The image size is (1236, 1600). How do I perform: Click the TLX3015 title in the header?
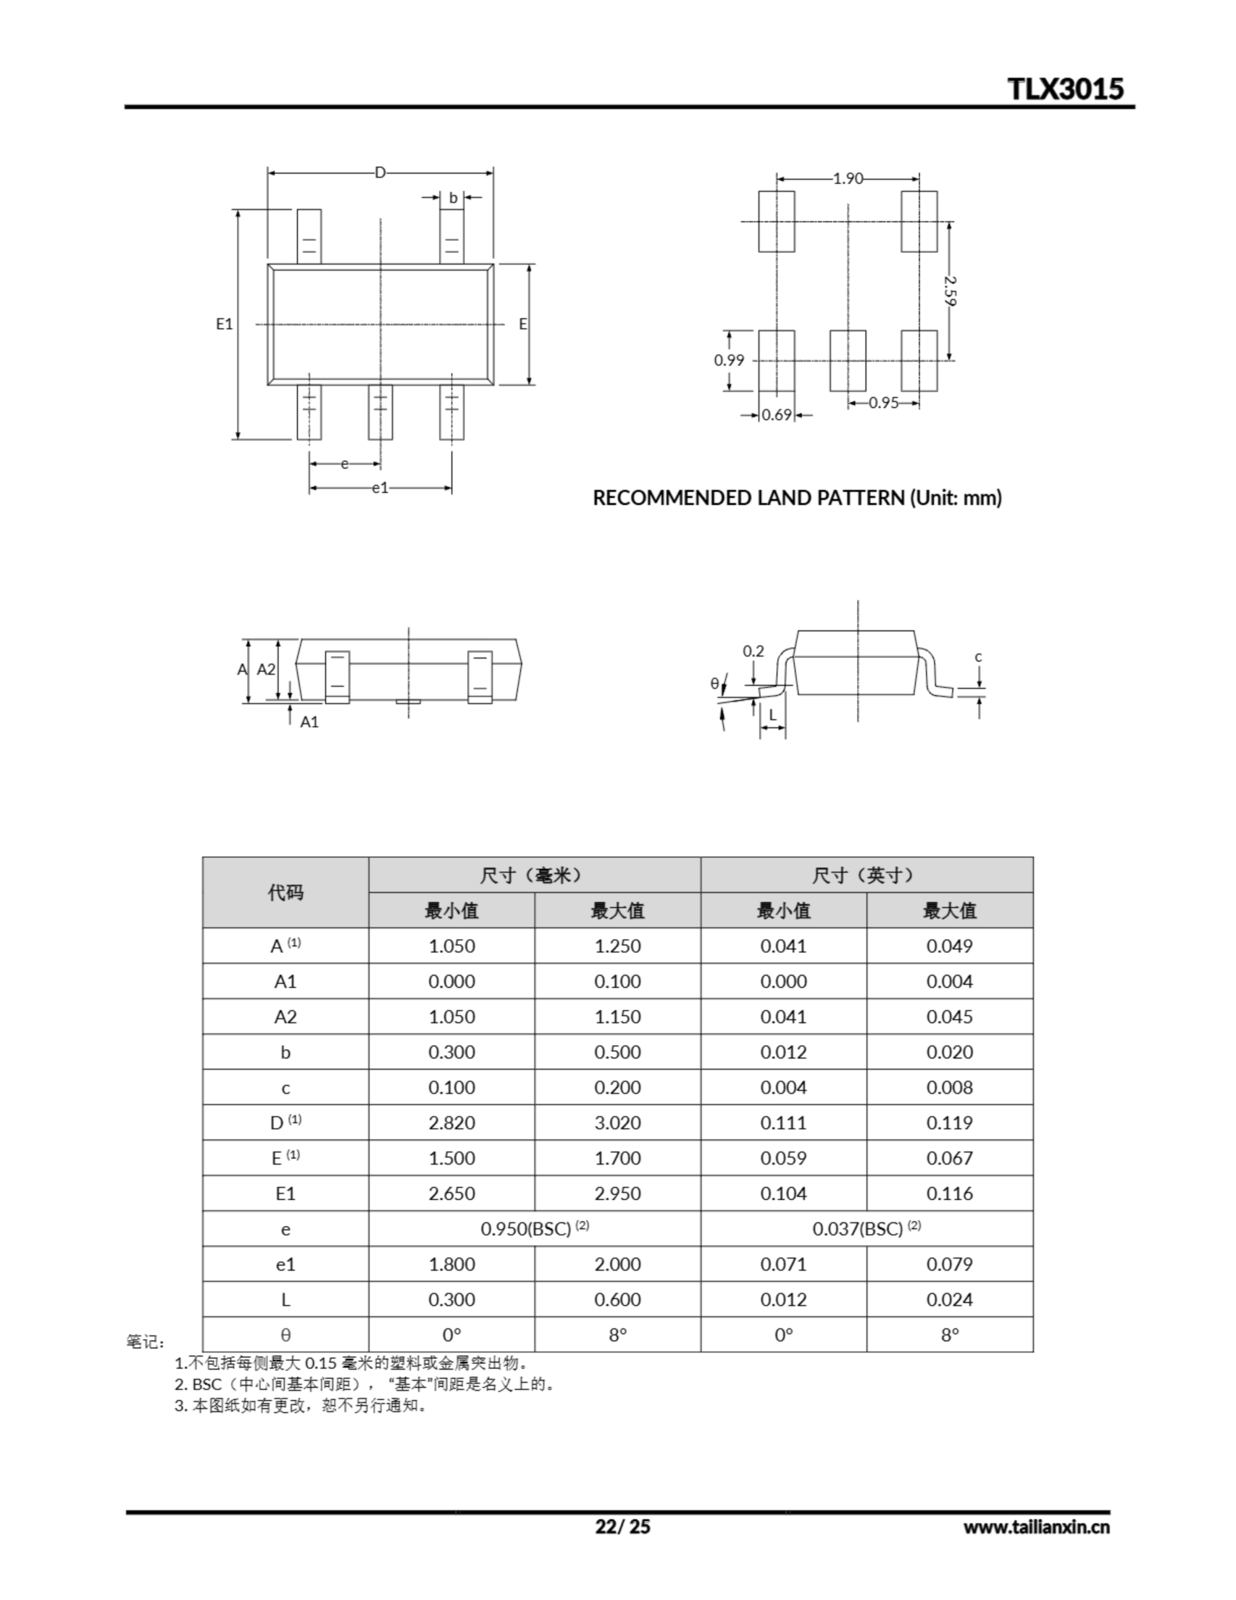(1065, 89)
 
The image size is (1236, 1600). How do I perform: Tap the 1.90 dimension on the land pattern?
(848, 178)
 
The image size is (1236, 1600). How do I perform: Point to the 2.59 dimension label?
(950, 290)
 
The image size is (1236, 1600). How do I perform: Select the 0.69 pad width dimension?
(777, 414)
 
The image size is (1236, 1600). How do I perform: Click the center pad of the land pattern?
(848, 361)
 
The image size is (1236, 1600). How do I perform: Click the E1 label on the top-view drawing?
(224, 323)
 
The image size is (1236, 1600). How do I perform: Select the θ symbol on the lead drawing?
(714, 684)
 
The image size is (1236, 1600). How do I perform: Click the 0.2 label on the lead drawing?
(753, 651)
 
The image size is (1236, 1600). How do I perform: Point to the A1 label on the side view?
(309, 722)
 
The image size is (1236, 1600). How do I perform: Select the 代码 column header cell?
(285, 892)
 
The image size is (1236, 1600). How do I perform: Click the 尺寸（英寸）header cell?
(866, 875)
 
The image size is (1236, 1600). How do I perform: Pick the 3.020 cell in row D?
(617, 1122)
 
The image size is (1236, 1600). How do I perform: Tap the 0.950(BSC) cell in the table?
(534, 1229)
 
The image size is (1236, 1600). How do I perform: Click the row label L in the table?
(285, 1299)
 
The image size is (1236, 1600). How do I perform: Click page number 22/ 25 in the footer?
(622, 1526)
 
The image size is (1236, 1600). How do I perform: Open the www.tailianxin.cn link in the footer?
(1036, 1527)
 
